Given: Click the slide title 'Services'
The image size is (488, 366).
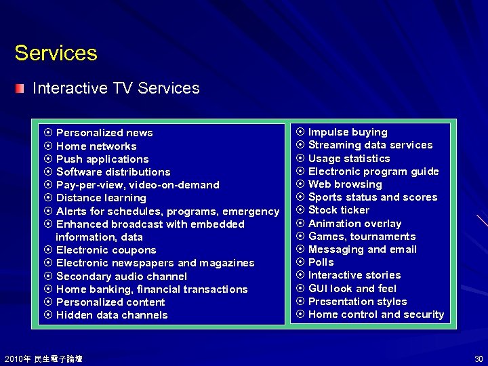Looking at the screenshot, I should click(x=56, y=53).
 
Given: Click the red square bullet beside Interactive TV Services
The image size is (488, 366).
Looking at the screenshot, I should click(x=21, y=88).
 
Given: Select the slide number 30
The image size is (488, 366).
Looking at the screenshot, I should click(x=479, y=359).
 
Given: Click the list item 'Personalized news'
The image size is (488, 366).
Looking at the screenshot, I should click(x=104, y=133).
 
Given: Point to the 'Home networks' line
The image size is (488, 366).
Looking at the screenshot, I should click(x=96, y=146).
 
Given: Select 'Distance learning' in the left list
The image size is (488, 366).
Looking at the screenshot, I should click(x=101, y=198).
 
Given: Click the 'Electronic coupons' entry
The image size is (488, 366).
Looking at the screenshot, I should click(x=106, y=250).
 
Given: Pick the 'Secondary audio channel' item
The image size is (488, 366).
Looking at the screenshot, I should click(x=121, y=277).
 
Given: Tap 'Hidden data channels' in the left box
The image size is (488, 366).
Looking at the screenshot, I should click(x=112, y=315).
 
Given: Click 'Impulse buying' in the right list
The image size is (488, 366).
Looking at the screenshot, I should click(x=348, y=132).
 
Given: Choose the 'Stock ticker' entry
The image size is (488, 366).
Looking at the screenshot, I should click(x=339, y=210).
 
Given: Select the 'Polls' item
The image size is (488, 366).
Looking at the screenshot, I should click(x=321, y=262).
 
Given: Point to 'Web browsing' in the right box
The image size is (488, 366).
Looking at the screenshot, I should click(x=345, y=184).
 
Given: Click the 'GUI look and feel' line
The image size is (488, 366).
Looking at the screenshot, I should click(x=352, y=288).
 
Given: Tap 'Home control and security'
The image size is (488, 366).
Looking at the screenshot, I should click(x=376, y=314).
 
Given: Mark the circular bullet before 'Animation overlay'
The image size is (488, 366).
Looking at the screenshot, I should click(x=300, y=224).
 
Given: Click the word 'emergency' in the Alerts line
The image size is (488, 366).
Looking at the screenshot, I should click(x=250, y=211).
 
